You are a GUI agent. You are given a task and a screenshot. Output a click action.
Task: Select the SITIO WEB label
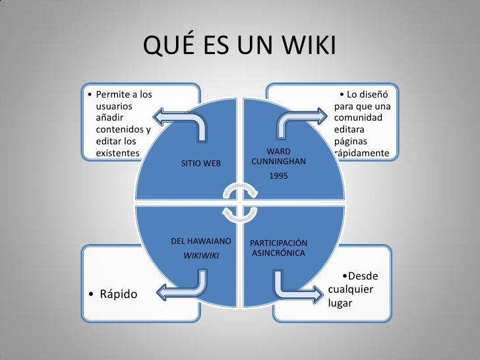coord(201,163)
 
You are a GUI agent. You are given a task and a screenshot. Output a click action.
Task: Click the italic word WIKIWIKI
coord(200,255)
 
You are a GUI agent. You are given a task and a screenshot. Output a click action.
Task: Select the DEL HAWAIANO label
coord(200,242)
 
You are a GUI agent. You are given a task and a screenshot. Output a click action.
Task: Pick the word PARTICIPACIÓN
coord(278,243)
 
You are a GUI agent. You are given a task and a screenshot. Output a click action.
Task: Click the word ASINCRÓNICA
coord(278,253)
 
